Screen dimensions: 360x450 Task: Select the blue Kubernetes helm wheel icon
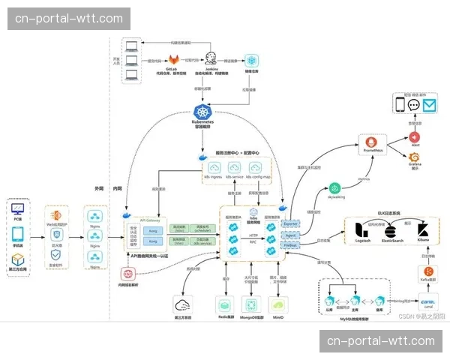202,111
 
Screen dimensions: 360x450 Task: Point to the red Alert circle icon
415,137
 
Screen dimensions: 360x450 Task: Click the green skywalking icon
334,187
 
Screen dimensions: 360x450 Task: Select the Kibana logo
422,229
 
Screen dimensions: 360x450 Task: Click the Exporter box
291,223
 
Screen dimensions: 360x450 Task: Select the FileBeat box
291,244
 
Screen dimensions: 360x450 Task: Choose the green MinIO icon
277,304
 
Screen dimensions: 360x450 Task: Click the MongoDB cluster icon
250,304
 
